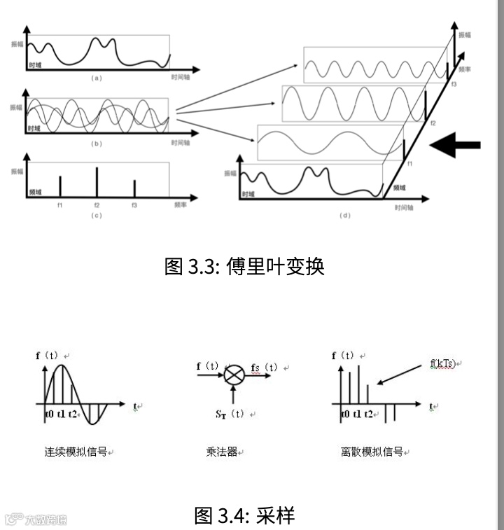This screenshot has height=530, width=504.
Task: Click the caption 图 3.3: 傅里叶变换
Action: tap(244, 267)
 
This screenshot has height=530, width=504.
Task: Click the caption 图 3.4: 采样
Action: tap(244, 516)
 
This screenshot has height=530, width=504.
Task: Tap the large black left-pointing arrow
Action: tap(454, 146)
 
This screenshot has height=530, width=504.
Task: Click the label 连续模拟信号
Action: tap(76, 452)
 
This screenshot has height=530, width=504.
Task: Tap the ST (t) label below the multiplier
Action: tap(230, 414)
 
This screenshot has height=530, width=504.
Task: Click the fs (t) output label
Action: tap(264, 368)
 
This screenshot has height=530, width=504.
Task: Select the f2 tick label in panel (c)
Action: tap(97, 206)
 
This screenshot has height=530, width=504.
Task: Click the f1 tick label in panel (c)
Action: tap(60, 206)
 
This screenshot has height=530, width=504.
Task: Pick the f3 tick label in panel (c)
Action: tap(134, 206)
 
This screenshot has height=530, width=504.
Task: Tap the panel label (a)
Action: tap(97, 78)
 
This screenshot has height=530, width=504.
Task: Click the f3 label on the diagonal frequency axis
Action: tap(454, 84)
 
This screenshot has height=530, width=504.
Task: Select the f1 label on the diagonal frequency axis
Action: tap(409, 164)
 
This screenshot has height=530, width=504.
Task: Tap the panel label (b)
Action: tap(97, 144)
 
